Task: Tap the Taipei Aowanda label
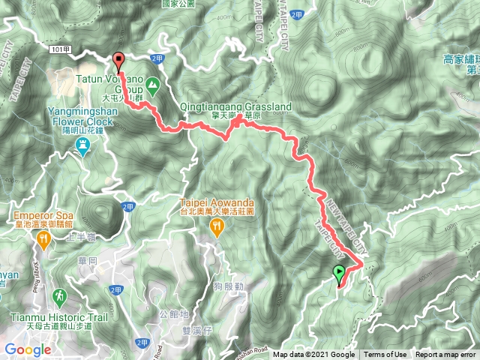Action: point(217,202)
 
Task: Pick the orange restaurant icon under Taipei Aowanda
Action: point(217,229)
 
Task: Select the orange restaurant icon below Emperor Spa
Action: point(43,239)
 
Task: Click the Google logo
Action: point(28,349)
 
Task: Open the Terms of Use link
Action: point(385,355)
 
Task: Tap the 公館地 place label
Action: point(173,314)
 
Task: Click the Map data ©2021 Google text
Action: point(314,355)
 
